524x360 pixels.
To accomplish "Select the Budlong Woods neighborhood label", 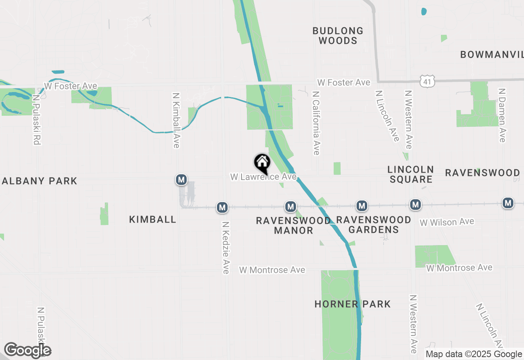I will click(x=338, y=36).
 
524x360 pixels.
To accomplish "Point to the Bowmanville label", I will click(x=492, y=54).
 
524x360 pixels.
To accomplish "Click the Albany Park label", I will click(x=39, y=181).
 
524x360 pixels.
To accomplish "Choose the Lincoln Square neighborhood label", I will click(x=411, y=174).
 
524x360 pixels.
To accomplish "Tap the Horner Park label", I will click(x=352, y=304).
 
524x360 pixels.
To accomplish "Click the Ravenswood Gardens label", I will click(x=373, y=225).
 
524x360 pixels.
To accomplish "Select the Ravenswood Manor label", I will click(x=293, y=225).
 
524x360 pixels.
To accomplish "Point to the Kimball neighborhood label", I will click(x=153, y=219).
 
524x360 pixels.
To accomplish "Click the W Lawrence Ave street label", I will click(x=263, y=177).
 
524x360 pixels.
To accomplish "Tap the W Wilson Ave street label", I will click(x=447, y=222).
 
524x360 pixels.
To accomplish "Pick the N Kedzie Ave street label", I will click(x=226, y=248).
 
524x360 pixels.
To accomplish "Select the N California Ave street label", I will click(x=316, y=123).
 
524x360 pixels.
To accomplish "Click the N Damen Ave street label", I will click(x=502, y=115).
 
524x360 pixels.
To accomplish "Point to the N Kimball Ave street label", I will click(x=176, y=120).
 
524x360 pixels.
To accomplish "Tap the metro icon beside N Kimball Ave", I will click(x=181, y=179).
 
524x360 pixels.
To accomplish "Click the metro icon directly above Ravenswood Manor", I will click(x=291, y=207).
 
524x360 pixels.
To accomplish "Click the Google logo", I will click(x=27, y=351).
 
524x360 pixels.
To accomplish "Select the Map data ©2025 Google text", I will click(x=474, y=354).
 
